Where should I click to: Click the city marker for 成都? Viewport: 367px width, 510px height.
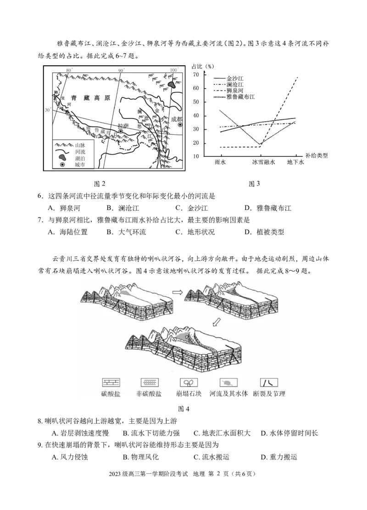click(180, 125)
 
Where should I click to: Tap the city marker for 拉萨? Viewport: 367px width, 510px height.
click(121, 131)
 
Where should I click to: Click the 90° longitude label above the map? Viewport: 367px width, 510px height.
click(121, 70)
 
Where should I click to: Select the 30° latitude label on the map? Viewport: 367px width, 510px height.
click(48, 111)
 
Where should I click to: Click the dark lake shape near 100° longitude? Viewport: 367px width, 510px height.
click(172, 84)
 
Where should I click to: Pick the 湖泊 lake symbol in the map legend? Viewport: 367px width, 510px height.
click(62, 157)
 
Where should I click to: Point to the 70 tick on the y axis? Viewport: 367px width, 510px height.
click(196, 75)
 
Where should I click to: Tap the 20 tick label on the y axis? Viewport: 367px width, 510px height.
click(196, 143)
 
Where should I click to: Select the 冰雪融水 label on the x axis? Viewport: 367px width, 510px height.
click(263, 162)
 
